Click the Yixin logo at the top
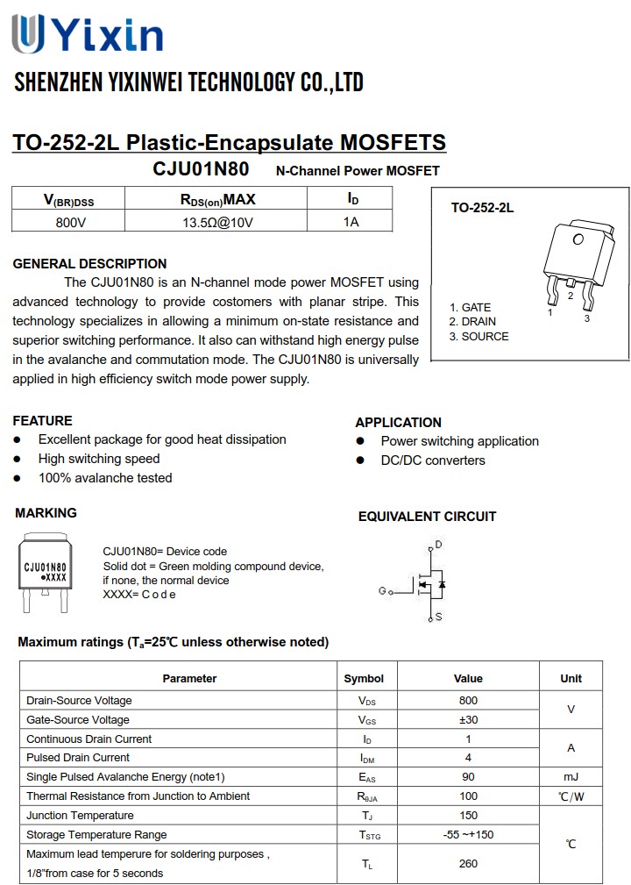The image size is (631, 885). point(88,34)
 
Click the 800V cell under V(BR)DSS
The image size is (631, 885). point(70,222)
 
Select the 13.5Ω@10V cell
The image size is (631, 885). point(217,222)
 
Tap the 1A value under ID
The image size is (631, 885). point(351,222)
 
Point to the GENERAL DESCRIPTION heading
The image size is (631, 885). point(89,263)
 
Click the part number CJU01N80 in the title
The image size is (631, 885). point(201,169)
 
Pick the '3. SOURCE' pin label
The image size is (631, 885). point(479,336)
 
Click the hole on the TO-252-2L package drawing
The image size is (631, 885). point(578,239)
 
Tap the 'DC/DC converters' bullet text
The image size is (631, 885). point(433,460)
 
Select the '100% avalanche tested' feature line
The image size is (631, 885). point(105,478)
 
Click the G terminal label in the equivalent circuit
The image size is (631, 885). point(382,590)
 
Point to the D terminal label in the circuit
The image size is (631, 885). point(438,545)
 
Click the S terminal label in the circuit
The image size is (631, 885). point(438,617)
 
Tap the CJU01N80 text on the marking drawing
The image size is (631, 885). point(45,568)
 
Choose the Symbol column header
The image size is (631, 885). point(364,678)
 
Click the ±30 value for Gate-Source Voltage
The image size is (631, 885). point(468,720)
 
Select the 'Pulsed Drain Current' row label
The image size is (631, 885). point(78,758)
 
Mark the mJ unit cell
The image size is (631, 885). point(571,777)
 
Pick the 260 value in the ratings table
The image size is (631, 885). point(468,864)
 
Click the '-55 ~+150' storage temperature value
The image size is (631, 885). point(468,834)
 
